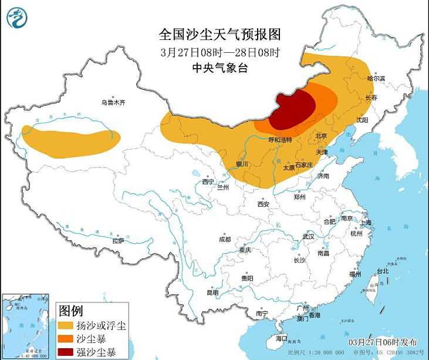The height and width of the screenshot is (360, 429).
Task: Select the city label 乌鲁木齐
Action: pos(113,102)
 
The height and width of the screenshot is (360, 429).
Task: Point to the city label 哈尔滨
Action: pos(376,78)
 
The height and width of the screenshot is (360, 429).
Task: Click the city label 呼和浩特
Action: pos(280,140)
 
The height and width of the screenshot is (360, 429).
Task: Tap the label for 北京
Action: pos(321,136)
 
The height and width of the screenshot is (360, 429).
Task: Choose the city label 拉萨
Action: pos(118,240)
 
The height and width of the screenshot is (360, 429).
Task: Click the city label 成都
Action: pos(225,240)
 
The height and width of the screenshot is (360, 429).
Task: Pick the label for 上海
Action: pos(366,223)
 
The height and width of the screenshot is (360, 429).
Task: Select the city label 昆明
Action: pos(212,292)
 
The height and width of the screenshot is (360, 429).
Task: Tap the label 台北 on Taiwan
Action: pos(382,271)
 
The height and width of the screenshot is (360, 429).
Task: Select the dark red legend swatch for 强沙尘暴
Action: pos(66,352)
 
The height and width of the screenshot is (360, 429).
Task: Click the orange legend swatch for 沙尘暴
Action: pos(66,338)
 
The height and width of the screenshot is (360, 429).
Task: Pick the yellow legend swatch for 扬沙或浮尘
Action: pos(66,324)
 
